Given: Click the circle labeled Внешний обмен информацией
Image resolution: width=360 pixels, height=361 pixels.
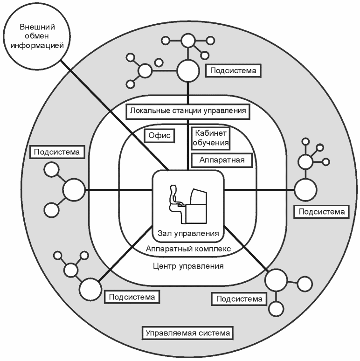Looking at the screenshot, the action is click(x=36, y=36).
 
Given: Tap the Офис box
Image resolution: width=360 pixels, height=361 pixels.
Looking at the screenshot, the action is click(x=159, y=136).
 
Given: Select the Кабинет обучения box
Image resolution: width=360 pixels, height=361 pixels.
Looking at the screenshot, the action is click(x=211, y=138).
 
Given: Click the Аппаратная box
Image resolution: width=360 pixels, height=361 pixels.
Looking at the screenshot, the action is click(x=222, y=160).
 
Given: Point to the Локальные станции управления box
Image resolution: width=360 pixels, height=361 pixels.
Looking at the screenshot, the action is click(x=188, y=111).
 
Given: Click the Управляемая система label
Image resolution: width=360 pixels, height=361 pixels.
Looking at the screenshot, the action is click(x=187, y=333).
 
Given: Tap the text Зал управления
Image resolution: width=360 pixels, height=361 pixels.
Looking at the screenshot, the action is click(x=188, y=233).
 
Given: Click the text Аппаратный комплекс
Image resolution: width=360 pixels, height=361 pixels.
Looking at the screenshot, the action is click(x=188, y=249).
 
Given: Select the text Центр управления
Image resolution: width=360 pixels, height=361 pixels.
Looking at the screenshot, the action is click(x=188, y=266).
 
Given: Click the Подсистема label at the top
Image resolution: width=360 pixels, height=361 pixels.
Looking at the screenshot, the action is click(x=233, y=71).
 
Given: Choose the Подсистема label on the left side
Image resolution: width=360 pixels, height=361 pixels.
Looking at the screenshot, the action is click(x=57, y=152).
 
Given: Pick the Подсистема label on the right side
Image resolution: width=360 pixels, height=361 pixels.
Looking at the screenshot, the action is click(x=321, y=212).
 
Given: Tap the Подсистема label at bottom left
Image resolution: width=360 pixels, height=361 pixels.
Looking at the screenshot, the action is click(x=132, y=297).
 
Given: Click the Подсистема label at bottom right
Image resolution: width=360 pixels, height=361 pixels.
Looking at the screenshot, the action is click(x=239, y=299).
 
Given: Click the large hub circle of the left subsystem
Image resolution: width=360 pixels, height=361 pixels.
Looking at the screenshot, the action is click(x=74, y=190).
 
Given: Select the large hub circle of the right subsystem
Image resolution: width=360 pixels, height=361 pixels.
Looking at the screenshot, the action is click(x=306, y=190).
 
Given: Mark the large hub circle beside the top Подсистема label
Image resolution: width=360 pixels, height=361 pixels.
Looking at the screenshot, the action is click(x=188, y=71).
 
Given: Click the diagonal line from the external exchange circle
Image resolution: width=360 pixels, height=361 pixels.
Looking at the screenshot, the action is click(x=115, y=115).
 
